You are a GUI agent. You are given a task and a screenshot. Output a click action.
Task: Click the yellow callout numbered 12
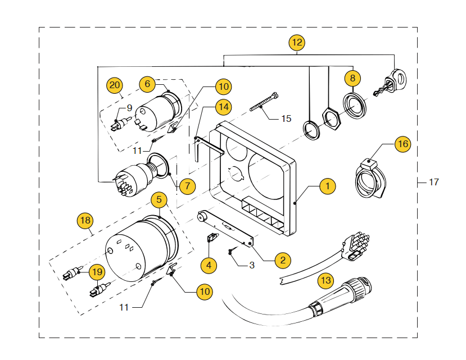click(x=297, y=42)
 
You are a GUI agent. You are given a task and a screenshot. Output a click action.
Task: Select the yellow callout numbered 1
click(x=328, y=186)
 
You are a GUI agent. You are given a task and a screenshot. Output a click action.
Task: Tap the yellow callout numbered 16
click(x=402, y=144)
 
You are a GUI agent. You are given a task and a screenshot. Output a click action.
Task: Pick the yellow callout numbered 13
click(x=325, y=280)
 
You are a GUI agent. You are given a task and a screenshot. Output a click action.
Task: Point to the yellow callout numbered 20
click(x=115, y=85)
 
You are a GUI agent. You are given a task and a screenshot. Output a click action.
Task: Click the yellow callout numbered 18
click(x=85, y=221)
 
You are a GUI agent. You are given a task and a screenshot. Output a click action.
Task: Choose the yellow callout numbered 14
click(x=224, y=106)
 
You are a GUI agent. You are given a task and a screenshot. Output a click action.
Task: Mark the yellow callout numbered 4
click(x=209, y=264)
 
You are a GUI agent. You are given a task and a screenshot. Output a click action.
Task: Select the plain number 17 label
click(x=433, y=182)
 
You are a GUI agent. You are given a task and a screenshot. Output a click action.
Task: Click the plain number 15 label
click(x=286, y=119)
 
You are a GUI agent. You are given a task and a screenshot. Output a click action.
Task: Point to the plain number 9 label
click(x=129, y=107)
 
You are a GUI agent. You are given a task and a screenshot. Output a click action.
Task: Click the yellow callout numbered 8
click(x=352, y=78)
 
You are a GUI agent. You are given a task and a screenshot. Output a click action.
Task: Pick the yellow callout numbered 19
click(x=97, y=272)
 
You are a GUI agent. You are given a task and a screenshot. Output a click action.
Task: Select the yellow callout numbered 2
click(x=282, y=259)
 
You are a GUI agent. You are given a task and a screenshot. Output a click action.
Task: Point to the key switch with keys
click(x=392, y=82)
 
